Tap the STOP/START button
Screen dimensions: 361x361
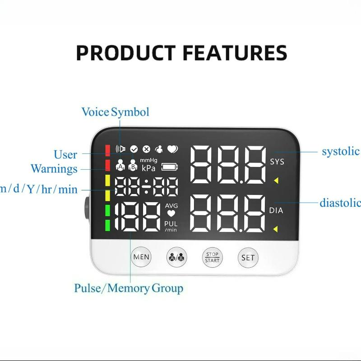pos(212,258)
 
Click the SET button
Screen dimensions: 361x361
pos(248,258)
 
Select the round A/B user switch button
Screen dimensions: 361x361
pos(176,258)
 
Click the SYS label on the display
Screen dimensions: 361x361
pos(277,162)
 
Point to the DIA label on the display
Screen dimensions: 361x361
pos(276,210)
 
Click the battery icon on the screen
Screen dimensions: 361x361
pos(170,167)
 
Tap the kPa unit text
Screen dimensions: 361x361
pos(149,168)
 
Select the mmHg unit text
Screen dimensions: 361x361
pos(148,160)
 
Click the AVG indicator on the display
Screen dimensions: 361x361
pos(171,206)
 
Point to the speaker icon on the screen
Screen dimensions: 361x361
pos(120,149)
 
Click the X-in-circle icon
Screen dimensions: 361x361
pos(146,149)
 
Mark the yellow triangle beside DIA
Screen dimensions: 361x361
pos(276,230)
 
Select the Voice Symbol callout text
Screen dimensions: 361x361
pos(115,112)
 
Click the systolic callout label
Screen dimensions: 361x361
pos(340,151)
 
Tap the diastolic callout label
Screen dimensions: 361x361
pos(340,203)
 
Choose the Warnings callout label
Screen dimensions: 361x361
pos(54,169)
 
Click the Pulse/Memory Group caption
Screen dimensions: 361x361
pos(129,288)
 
